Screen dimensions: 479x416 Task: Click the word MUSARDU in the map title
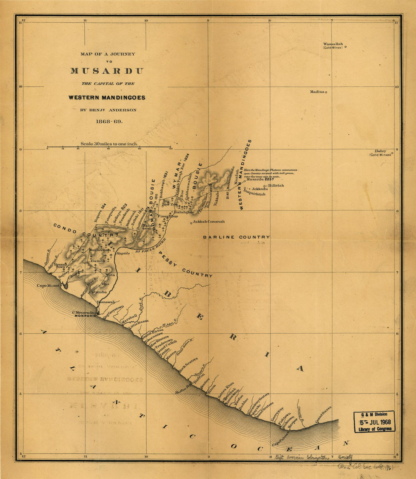click(107, 71)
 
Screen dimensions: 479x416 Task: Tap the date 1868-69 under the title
click(107, 122)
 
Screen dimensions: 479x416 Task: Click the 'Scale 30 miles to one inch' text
click(109, 144)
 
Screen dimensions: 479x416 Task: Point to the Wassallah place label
click(333, 44)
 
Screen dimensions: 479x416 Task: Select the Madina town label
click(317, 92)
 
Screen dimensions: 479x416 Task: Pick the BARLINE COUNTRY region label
click(236, 237)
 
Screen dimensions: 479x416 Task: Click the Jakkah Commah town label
click(208, 222)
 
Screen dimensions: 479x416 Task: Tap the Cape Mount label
click(48, 286)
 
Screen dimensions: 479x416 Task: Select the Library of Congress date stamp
click(374, 422)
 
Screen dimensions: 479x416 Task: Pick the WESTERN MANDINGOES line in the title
click(107, 97)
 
